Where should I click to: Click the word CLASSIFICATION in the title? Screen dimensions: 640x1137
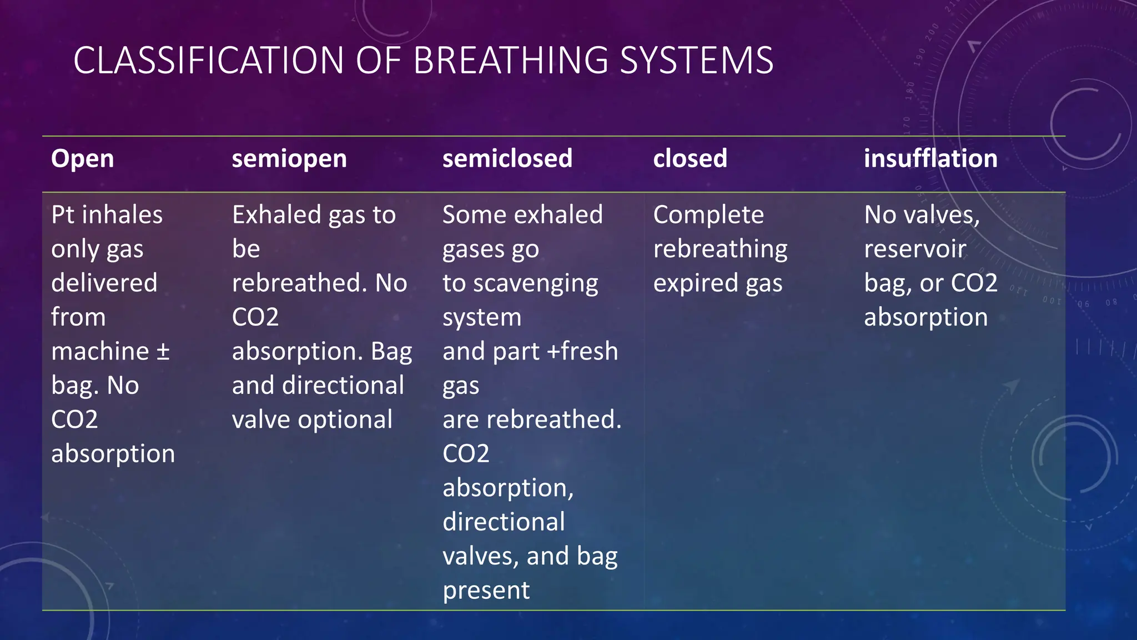(208, 60)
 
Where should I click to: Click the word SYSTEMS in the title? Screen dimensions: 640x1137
(696, 60)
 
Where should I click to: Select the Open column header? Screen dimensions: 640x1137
(82, 158)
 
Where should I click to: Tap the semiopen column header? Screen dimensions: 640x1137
(289, 158)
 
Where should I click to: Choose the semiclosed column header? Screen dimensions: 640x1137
(507, 158)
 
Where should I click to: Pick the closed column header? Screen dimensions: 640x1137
(690, 158)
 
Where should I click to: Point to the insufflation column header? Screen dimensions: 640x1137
(930, 158)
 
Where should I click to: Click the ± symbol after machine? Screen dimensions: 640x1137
(163, 352)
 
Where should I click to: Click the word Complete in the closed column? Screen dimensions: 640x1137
(708, 215)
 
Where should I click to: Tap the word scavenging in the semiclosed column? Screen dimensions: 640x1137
(536, 284)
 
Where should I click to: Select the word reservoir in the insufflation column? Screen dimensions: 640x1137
(915, 249)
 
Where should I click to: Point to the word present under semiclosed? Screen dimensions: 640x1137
(486, 591)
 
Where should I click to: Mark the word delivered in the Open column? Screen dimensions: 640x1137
(104, 283)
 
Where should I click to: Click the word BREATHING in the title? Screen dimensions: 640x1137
(510, 60)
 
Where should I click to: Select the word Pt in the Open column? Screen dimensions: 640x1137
(63, 215)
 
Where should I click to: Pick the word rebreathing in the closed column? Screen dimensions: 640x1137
(720, 249)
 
